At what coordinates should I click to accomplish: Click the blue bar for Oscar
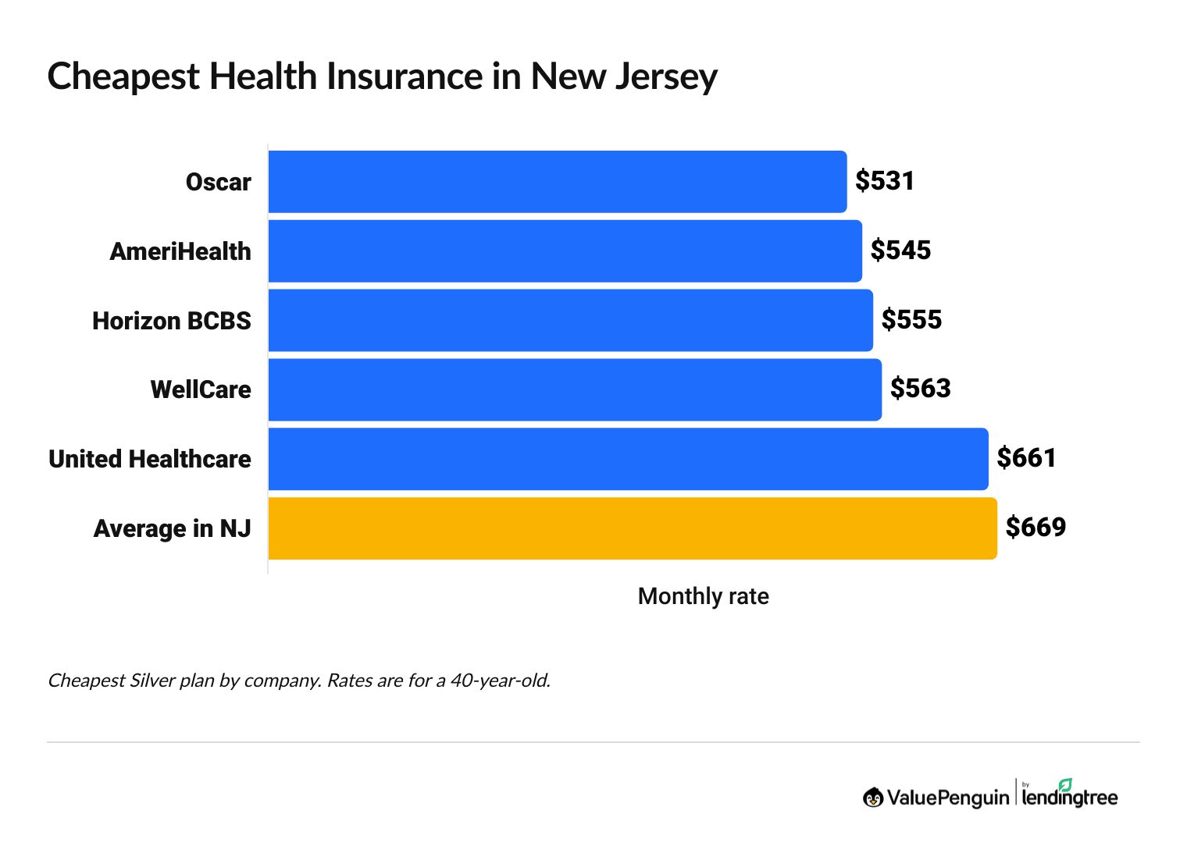[x=557, y=182]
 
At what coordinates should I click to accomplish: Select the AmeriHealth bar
[x=565, y=251]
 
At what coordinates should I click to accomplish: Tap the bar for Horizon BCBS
[x=570, y=320]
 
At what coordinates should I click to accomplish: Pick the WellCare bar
[x=575, y=389]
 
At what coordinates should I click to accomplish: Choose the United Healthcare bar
[x=628, y=459]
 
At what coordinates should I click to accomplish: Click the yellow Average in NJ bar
[x=632, y=528]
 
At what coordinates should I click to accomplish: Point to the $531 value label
[x=884, y=181]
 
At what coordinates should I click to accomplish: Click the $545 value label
[x=900, y=251]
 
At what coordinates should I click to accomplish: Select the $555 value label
[x=911, y=320]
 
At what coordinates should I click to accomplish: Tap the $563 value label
[x=921, y=389]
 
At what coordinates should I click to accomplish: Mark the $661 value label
[x=1026, y=458]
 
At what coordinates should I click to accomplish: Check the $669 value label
[x=1036, y=528]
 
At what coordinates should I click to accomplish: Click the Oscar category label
[x=218, y=183]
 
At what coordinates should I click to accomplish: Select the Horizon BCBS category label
[x=171, y=321]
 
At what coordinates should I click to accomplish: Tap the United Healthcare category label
[x=149, y=460]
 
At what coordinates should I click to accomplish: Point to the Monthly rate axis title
[x=703, y=596]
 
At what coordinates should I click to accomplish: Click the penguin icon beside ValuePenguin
[x=872, y=797]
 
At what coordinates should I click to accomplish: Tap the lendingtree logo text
[x=1069, y=797]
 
